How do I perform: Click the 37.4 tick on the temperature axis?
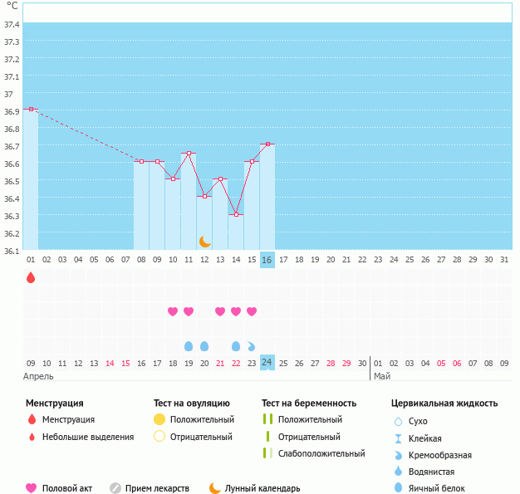[x=12, y=25]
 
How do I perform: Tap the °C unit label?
[x=12, y=7]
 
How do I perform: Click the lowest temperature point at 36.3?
[x=236, y=214]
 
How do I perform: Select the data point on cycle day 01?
[x=31, y=109]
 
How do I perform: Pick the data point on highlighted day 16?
[x=267, y=144]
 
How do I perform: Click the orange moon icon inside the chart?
[x=205, y=241]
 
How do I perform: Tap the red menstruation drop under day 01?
[x=31, y=277]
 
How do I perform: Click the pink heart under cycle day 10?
[x=173, y=311]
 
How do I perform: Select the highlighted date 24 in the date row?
[x=267, y=363]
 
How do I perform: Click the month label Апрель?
[x=38, y=376]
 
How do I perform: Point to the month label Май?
[x=382, y=376]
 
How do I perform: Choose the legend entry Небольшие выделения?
[x=87, y=437]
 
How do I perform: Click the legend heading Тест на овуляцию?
[x=192, y=404]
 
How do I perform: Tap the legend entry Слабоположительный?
[x=322, y=453]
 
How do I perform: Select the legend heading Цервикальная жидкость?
[x=444, y=404]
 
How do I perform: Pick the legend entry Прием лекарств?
[x=157, y=488]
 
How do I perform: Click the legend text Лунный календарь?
[x=262, y=488]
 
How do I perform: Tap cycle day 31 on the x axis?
[x=504, y=260]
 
